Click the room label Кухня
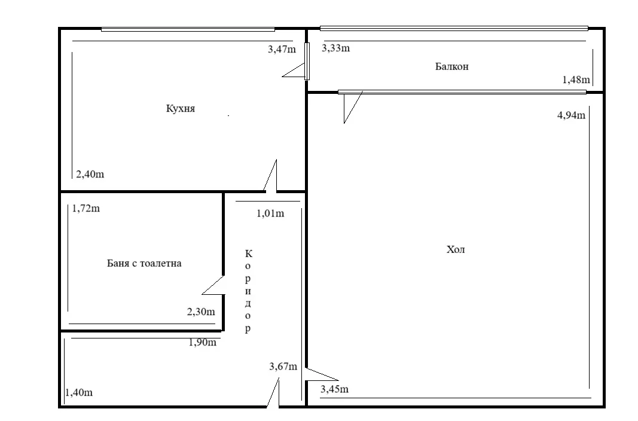tap(181, 109)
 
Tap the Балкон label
tap(451, 66)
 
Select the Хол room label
tap(456, 250)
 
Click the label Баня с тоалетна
tap(144, 263)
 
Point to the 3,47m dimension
tap(282, 49)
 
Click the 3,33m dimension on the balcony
tap(335, 48)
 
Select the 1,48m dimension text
tap(576, 80)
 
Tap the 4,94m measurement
tap(571, 115)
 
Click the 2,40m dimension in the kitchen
tap(90, 175)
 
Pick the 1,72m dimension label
tap(86, 209)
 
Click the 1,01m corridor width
tap(270, 213)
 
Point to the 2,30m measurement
tap(201, 312)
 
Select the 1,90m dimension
tap(202, 343)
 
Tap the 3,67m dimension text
tap(283, 367)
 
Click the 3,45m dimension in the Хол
tap(335, 390)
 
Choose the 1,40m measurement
tap(78, 393)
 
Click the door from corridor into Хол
tap(320, 374)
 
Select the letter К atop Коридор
tap(248, 254)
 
